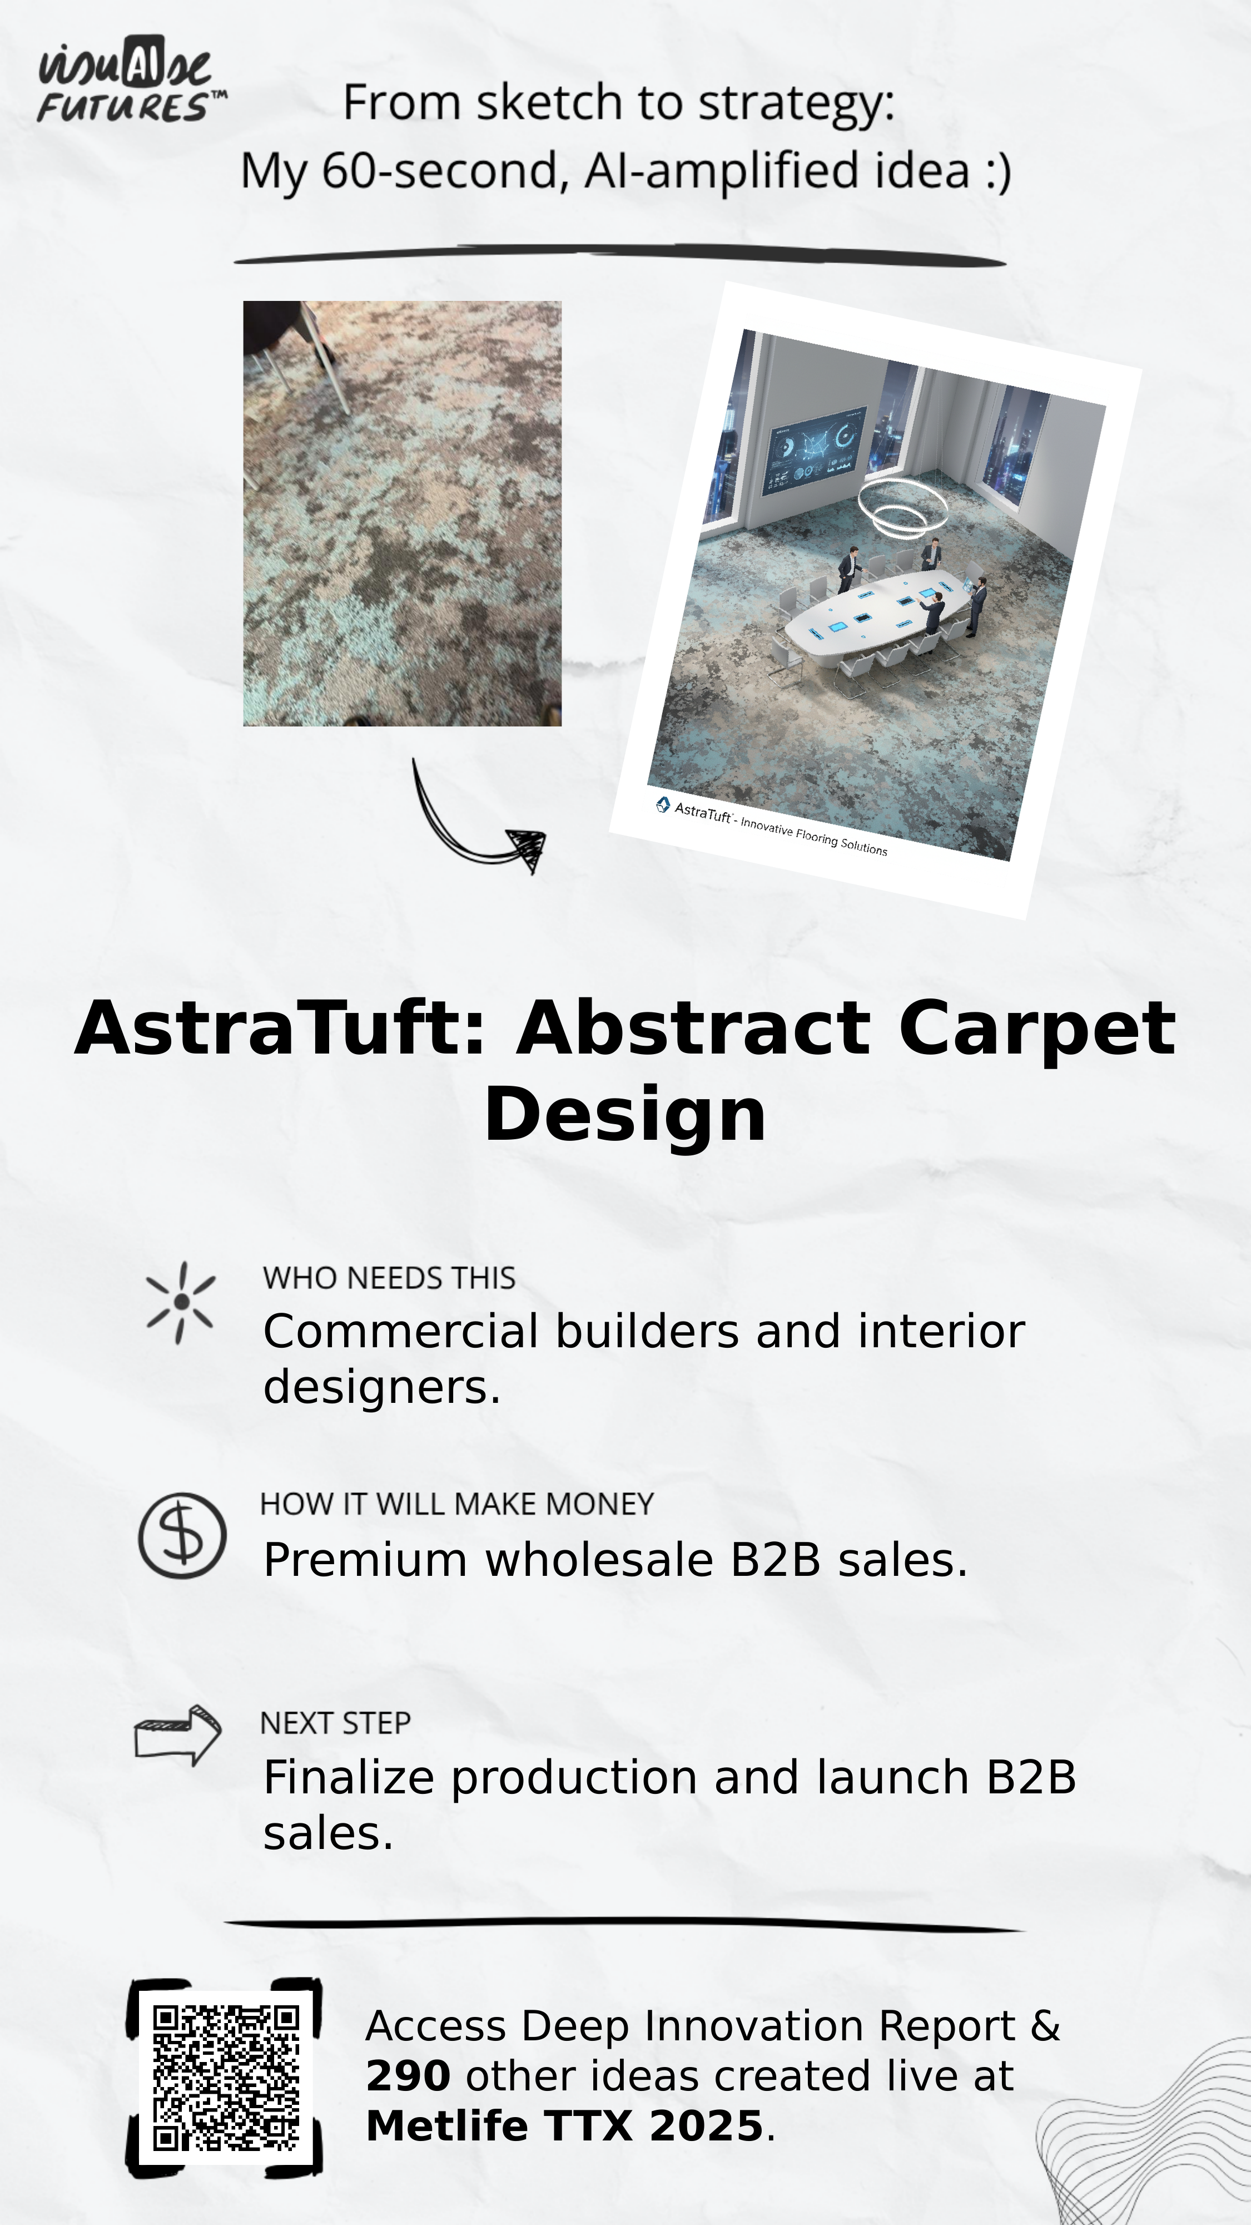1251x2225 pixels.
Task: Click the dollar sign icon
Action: pyautogui.click(x=182, y=1536)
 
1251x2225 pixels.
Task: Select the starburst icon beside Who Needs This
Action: pyautogui.click(x=181, y=1303)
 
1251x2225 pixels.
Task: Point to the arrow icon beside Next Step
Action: pyautogui.click(x=178, y=1735)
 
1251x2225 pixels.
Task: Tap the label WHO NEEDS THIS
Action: pyautogui.click(x=389, y=1278)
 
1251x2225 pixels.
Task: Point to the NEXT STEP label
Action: pyautogui.click(x=335, y=1723)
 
